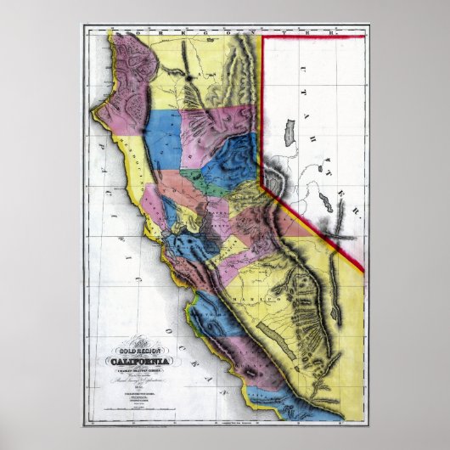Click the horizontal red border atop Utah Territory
tap(313, 36)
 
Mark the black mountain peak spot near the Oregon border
tap(187, 76)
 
